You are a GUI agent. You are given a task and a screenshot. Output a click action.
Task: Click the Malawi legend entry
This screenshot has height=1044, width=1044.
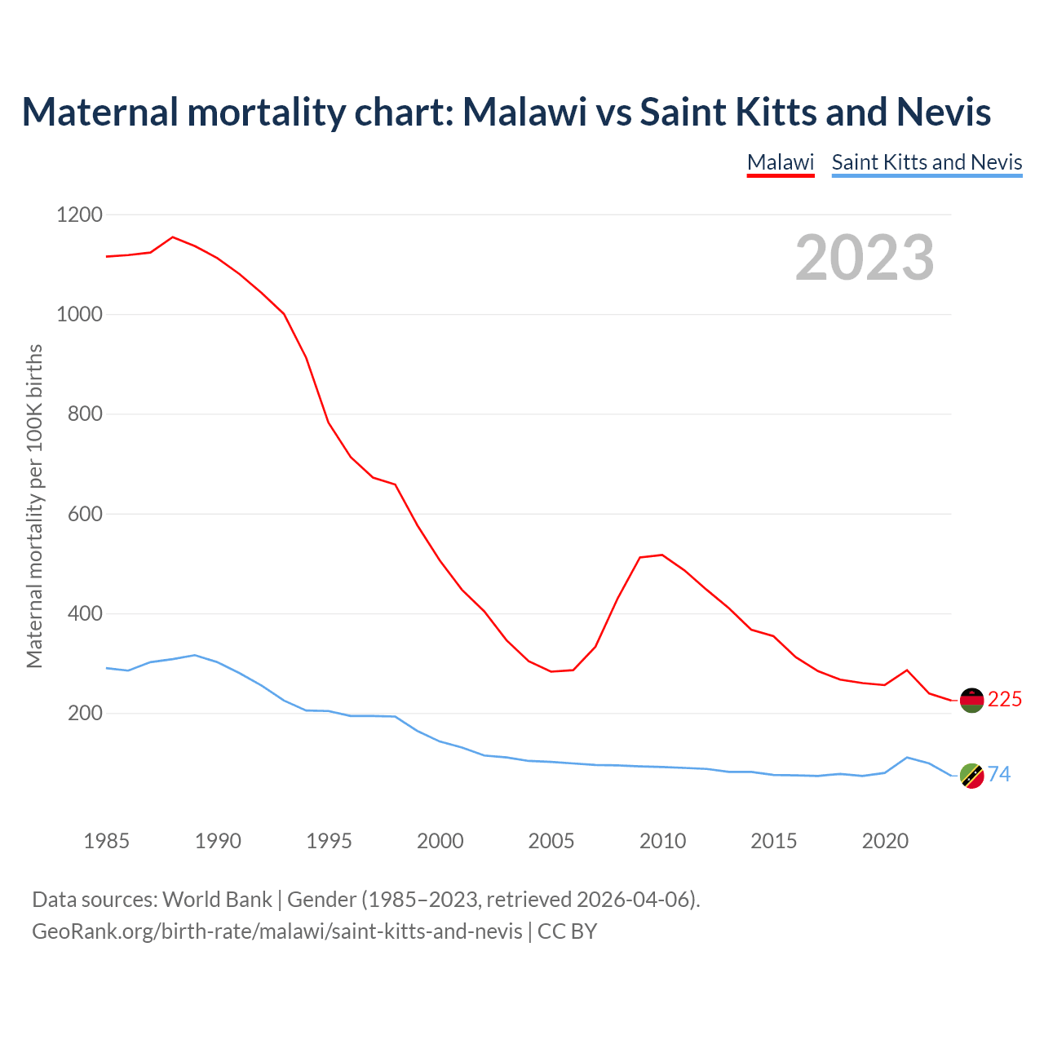click(781, 162)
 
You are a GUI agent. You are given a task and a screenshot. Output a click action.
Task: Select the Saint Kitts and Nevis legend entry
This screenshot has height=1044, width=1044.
click(927, 162)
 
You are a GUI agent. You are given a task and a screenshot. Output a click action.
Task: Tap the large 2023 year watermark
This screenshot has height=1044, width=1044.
click(865, 258)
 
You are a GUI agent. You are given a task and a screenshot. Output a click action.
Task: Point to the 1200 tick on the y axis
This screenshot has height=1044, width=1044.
click(80, 215)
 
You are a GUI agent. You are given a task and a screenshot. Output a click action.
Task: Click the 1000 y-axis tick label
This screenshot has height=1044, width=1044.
click(80, 314)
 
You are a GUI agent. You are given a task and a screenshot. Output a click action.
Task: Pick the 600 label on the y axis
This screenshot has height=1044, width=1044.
click(85, 514)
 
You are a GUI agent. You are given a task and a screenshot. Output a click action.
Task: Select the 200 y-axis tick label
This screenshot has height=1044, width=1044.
click(85, 714)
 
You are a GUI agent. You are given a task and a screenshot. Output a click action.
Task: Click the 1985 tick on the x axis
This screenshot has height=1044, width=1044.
click(107, 841)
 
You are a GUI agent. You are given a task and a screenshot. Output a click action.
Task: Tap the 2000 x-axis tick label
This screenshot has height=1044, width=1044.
click(440, 841)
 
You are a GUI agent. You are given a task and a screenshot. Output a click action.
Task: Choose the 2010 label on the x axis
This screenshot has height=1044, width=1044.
click(662, 841)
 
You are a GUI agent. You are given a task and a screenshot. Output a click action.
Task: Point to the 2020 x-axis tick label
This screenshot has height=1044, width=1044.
click(885, 841)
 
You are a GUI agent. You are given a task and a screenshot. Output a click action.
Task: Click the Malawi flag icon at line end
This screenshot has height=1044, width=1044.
click(971, 700)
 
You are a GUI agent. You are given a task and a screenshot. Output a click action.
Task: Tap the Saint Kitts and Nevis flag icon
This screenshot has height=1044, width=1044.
click(971, 776)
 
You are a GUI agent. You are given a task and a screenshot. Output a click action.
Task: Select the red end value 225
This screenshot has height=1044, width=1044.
click(1005, 700)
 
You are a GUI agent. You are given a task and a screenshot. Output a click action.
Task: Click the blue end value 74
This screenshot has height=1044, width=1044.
click(999, 774)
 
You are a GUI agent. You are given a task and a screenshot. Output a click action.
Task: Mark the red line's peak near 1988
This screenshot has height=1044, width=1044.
click(173, 237)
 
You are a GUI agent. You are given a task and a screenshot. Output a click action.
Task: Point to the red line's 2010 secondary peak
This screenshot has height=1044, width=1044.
click(661, 555)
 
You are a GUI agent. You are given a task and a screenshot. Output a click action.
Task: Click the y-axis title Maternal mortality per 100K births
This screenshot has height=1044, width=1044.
click(34, 507)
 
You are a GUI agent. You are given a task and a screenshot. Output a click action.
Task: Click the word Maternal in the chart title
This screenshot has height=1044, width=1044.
click(100, 112)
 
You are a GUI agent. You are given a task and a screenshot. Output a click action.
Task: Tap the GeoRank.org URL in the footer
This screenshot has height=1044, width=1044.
click(277, 931)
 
